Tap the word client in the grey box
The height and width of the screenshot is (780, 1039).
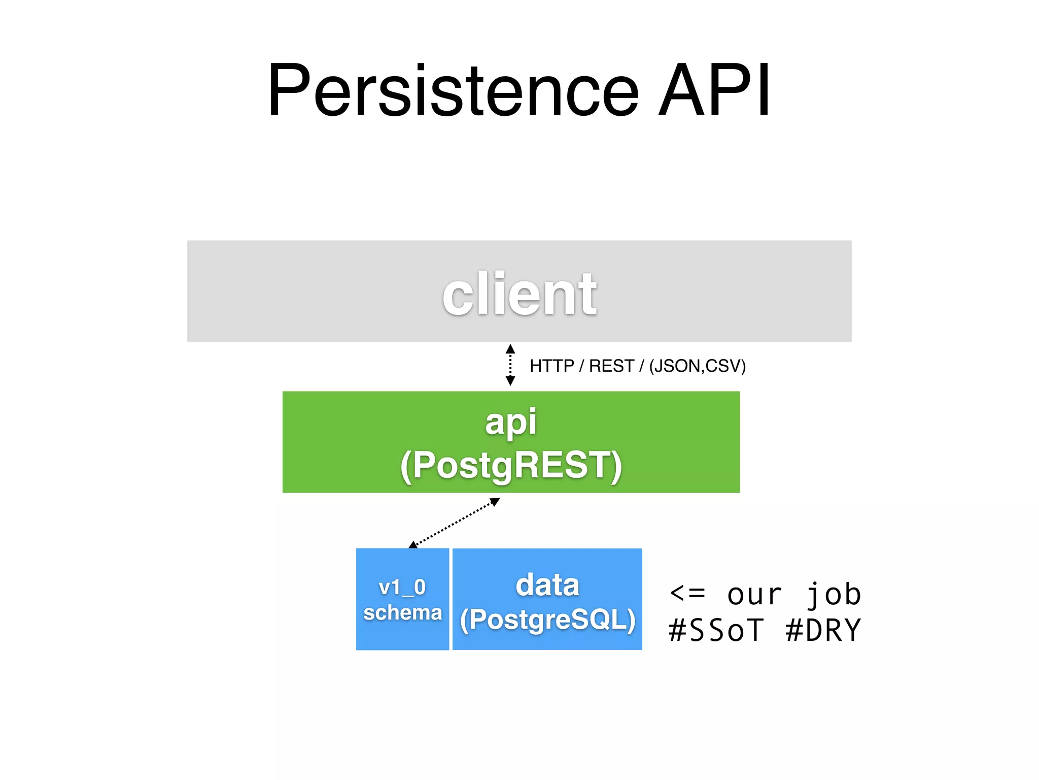(x=519, y=295)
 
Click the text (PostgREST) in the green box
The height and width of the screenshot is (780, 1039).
(x=511, y=465)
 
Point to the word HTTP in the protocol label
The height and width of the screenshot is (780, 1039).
(x=551, y=366)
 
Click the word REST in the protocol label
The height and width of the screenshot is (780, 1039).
(x=611, y=366)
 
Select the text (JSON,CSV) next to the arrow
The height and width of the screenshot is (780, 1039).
(x=697, y=366)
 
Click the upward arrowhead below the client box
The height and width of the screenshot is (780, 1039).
(x=510, y=349)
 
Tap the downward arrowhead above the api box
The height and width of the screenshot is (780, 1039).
(x=510, y=381)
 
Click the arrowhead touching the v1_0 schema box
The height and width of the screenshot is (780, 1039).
(x=413, y=545)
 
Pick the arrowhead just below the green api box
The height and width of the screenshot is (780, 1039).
(x=496, y=502)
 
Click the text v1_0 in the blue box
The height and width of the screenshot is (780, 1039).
(x=402, y=588)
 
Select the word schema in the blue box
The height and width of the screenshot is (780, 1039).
(x=402, y=612)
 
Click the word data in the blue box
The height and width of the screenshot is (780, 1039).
(x=547, y=585)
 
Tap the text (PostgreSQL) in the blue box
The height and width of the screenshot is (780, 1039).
(x=547, y=620)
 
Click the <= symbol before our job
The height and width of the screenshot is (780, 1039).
(x=687, y=593)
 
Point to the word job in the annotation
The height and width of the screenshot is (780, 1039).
(x=834, y=594)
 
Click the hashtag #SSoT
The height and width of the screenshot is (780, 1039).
(x=716, y=630)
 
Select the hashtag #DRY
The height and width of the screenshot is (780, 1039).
(x=823, y=630)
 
